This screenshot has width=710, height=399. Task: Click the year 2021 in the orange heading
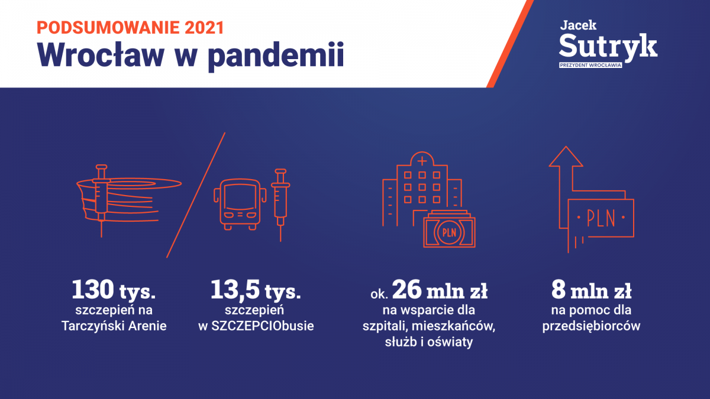(205, 28)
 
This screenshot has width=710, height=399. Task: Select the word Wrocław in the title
(101, 54)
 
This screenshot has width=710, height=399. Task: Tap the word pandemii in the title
(276, 57)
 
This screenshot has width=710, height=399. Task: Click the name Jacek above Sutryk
(578, 25)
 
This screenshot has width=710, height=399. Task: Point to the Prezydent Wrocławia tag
(590, 65)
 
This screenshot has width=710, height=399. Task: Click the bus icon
(240, 205)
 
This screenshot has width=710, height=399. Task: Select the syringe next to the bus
(280, 205)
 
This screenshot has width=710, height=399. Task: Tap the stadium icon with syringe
(129, 201)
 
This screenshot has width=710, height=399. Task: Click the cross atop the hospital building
(422, 161)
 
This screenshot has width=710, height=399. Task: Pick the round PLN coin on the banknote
(449, 233)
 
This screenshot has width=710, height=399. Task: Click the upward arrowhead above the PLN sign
(566, 156)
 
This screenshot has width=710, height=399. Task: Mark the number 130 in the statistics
(93, 289)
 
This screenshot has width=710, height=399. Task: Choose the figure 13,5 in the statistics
(235, 290)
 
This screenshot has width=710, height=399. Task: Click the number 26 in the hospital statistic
(406, 289)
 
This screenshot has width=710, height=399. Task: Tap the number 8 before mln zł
(559, 289)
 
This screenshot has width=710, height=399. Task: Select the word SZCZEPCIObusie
(263, 326)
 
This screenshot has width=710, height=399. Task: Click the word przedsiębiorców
(591, 326)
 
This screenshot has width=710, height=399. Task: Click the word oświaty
(450, 342)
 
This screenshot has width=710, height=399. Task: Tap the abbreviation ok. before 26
(379, 294)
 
